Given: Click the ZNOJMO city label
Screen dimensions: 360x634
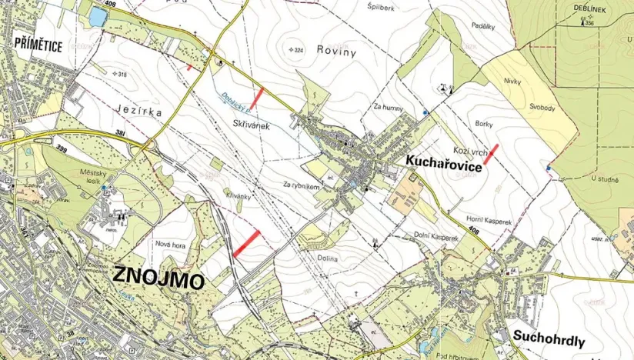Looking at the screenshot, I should pyautogui.click(x=160, y=278).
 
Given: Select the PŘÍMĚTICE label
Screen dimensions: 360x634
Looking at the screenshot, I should pyautogui.click(x=38, y=45).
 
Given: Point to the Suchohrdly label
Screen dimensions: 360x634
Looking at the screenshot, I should pyautogui.click(x=547, y=341).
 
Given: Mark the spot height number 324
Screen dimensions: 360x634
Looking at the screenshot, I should pyautogui.click(x=299, y=50).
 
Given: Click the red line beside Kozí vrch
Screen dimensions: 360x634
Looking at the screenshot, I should pyautogui.click(x=490, y=152).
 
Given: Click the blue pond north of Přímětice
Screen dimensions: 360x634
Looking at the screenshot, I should pyautogui.click(x=98, y=16).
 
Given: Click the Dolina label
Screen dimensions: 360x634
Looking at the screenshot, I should pyautogui.click(x=326, y=258).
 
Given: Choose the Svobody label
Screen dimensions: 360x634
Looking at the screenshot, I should pyautogui.click(x=542, y=108).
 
